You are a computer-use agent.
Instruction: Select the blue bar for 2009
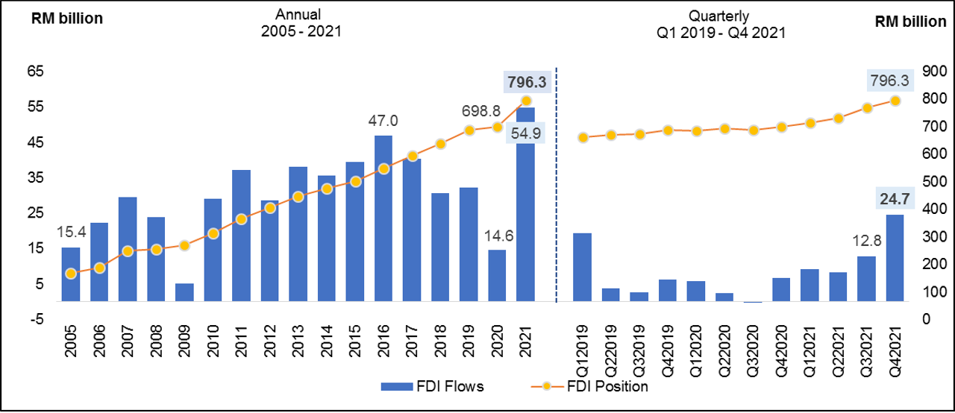pos(184,292)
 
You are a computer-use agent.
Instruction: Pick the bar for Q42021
pos(895,258)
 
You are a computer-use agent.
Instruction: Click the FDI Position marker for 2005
pos(71,274)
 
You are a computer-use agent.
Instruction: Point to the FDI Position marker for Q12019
pos(583,137)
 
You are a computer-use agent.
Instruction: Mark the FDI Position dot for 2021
pos(525,101)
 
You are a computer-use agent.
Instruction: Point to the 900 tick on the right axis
pos(933,71)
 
